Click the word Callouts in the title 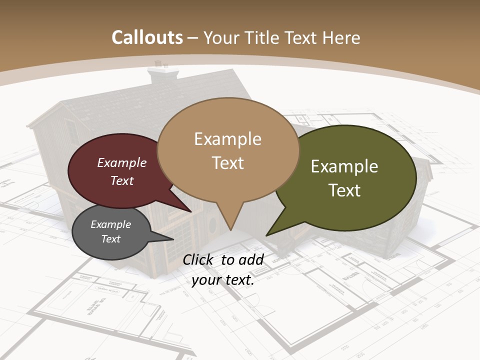[x=147, y=37]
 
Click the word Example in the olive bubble [x=344, y=166]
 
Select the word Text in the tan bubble [x=228, y=163]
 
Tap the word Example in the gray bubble [x=110, y=224]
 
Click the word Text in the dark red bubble [x=122, y=180]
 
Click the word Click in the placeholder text [x=199, y=259]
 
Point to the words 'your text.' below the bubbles [x=223, y=280]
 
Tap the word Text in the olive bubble [x=344, y=190]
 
